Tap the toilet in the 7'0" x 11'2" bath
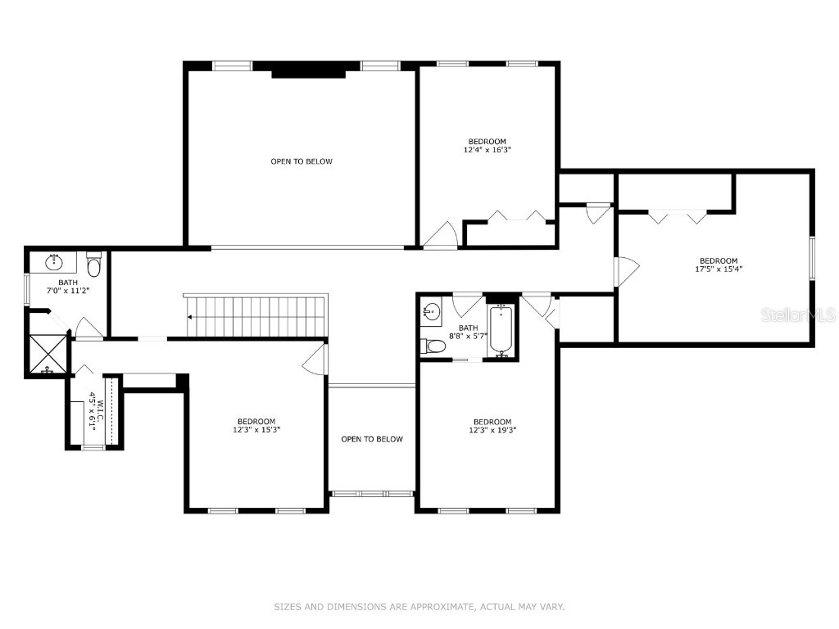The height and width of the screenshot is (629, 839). pos(93,266)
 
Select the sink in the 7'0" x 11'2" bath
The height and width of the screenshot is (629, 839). pos(55,262)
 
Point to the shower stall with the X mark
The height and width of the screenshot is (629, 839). pos(47,354)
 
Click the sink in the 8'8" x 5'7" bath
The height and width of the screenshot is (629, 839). pos(432,312)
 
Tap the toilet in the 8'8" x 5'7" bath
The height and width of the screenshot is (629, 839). pos(433,346)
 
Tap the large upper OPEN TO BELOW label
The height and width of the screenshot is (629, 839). pos(302,161)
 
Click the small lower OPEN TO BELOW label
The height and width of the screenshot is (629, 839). pos(372,439)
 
